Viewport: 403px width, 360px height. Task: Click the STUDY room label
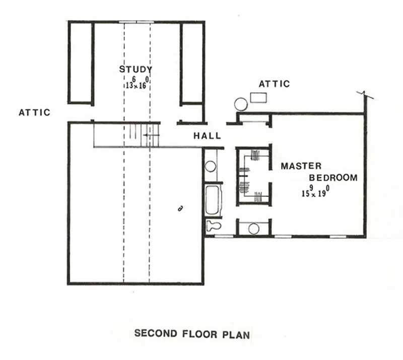pos(136,69)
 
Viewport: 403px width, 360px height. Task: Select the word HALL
pos(207,136)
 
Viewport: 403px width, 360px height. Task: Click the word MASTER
pos(301,166)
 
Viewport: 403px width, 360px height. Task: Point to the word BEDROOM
pos(333,178)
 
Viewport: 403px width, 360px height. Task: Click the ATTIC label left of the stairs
pos(34,112)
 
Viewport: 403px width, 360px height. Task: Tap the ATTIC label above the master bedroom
pos(274,84)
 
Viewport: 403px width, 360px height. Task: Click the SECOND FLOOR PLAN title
pos(191,333)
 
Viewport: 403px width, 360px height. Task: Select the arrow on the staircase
pos(149,135)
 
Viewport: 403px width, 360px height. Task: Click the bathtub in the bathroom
pos(213,199)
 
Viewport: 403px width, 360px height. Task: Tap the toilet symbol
pos(212,226)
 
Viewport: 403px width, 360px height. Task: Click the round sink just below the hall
pos(211,166)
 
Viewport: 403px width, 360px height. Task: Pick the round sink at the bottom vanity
pos(253,229)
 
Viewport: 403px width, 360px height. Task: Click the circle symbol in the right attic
pos(241,104)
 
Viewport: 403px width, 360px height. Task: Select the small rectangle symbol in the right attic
pos(258,97)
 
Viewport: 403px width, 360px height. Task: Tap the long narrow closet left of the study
pos(81,63)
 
